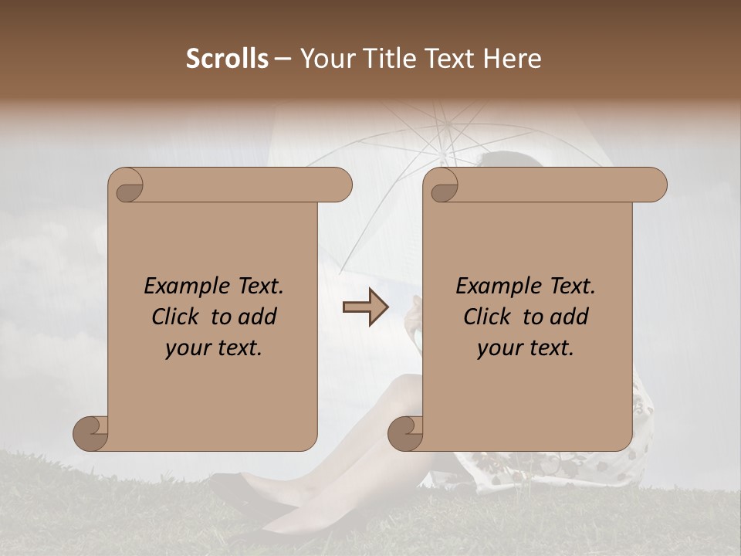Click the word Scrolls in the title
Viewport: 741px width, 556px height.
pos(228,59)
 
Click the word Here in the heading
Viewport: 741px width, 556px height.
pos(511,59)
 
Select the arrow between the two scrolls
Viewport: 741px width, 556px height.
pos(366,307)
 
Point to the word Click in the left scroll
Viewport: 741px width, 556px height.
pos(178,317)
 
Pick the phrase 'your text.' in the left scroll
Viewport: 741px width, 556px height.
pos(214,348)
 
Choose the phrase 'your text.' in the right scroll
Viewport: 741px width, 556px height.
pos(526,348)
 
